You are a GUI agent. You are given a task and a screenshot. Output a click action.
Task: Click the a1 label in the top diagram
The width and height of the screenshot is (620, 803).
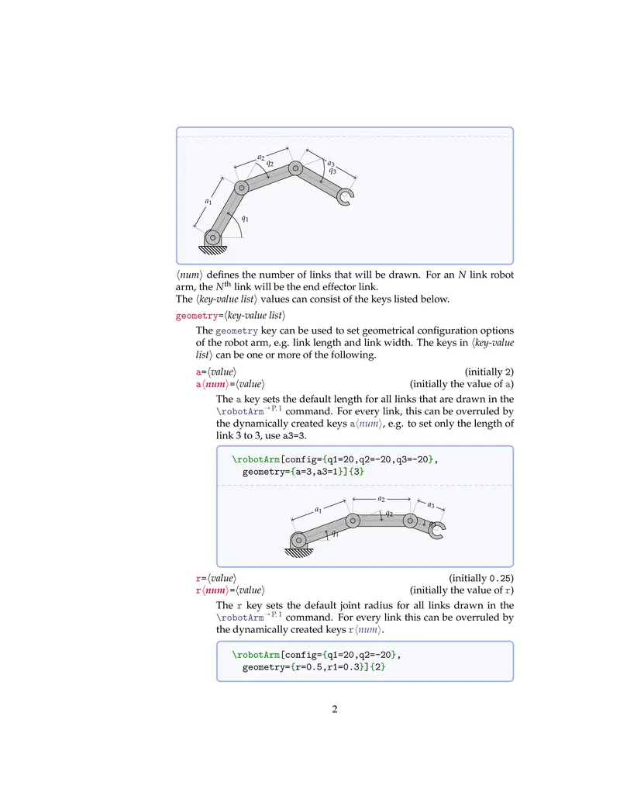pos(208,202)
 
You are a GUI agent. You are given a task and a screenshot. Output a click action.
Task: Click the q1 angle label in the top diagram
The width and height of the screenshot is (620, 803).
pos(245,218)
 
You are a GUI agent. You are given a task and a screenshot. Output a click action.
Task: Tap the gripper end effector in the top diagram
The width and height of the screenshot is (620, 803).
pos(346,197)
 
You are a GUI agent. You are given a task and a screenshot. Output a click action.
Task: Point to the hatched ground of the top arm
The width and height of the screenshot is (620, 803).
pos(212,251)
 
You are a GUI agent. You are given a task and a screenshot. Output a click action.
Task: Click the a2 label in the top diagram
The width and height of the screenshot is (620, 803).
pos(261,157)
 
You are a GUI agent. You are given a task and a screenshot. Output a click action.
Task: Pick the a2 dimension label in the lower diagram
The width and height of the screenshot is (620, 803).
pos(381,499)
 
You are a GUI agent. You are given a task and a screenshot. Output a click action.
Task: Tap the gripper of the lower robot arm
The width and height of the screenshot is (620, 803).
pos(436,531)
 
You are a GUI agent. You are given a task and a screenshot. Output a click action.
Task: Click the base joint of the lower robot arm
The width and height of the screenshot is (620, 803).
pos(299,540)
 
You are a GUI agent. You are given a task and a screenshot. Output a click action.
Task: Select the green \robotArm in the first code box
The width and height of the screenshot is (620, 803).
pos(256,459)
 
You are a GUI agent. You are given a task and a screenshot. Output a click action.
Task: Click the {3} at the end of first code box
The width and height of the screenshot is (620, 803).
pos(358,472)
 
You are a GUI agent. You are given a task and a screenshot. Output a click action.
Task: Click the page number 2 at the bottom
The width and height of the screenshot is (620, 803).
pos(334,708)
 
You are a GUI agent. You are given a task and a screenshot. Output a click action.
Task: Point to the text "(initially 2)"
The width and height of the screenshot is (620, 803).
pos(488,372)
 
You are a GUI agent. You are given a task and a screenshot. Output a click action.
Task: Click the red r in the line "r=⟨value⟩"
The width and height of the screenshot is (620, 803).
pos(198,578)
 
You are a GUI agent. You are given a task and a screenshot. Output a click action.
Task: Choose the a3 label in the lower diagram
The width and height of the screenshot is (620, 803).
pos(430,505)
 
